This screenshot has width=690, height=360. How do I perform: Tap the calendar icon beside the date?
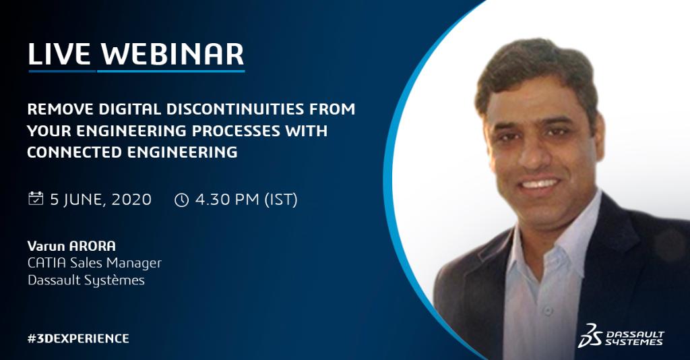pyautogui.click(x=35, y=199)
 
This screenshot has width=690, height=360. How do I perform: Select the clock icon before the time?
pyautogui.click(x=181, y=200)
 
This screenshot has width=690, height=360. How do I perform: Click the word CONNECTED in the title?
pyautogui.click(x=75, y=152)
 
